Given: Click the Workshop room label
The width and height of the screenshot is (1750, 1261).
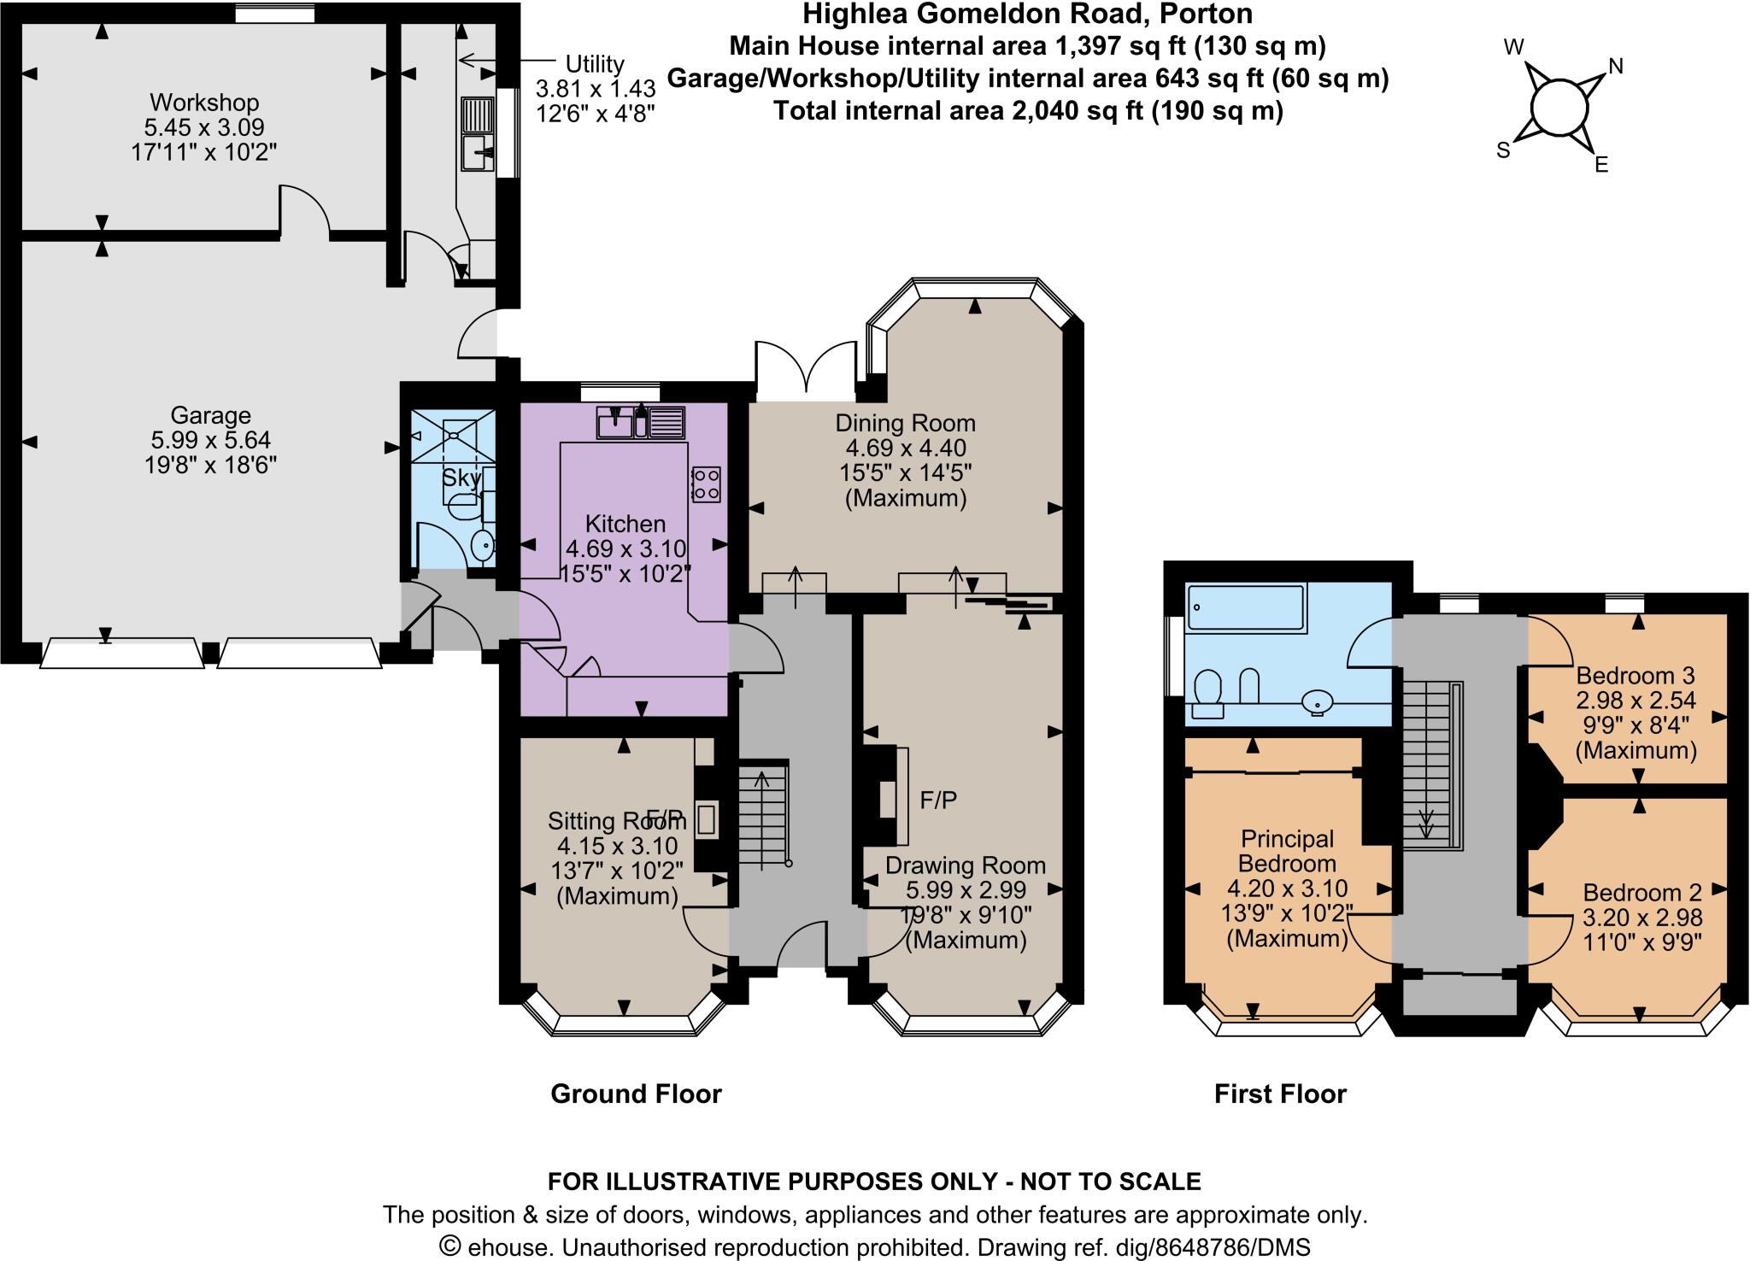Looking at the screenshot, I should pos(204,103).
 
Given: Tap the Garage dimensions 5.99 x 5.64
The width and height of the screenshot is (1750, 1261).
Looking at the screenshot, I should pos(210,440).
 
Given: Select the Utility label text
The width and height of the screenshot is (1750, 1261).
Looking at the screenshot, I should pos(595,64).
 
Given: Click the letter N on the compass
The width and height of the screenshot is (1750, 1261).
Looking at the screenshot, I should pos(1616,66).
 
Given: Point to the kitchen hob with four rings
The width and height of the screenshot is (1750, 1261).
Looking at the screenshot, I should pos(706,484).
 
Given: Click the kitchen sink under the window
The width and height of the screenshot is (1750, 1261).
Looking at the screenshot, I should pos(616,422).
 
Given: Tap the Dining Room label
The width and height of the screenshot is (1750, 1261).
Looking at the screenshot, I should pos(905,423).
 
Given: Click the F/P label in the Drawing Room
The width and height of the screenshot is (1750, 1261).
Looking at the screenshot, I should pos(938,800).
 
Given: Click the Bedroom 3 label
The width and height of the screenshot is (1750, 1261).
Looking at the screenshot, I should pos(1635,676).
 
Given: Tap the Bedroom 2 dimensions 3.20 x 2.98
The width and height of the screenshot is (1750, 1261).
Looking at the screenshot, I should pos(1642,918).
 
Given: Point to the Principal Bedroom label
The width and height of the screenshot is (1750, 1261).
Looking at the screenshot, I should pos(1287,851).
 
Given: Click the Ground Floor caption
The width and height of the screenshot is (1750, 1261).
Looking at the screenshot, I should pos(636,1094).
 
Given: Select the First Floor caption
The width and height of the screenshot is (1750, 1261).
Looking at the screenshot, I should pos(1280,1094).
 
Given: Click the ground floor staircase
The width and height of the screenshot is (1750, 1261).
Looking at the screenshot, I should pos(762,816).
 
